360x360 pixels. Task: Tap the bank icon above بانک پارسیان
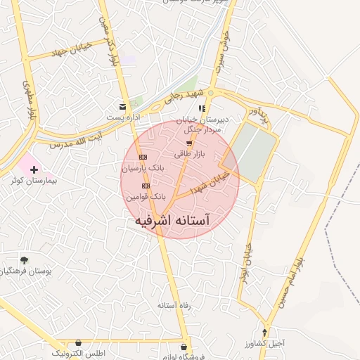(x=143, y=157)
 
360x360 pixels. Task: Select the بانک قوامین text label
(x=145, y=198)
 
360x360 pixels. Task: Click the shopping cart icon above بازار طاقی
(x=188, y=143)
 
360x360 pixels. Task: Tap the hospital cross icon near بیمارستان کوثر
(x=34, y=169)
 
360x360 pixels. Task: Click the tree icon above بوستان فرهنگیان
(x=25, y=260)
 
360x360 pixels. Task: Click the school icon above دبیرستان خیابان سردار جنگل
(x=202, y=108)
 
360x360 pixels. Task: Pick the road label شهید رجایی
(x=185, y=97)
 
